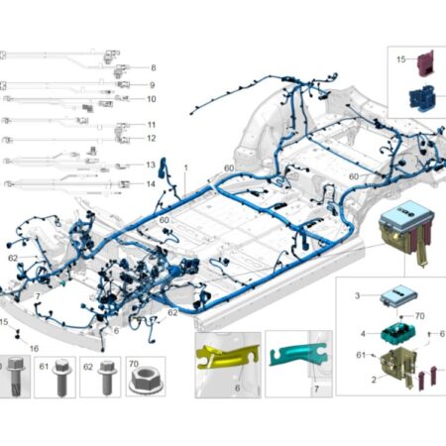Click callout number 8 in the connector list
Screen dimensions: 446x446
[154, 67]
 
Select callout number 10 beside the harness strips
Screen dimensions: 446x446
[152, 99]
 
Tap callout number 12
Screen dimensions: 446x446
[152, 138]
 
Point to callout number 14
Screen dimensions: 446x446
[151, 183]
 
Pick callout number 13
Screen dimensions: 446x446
[151, 165]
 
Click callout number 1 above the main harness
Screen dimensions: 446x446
[185, 167]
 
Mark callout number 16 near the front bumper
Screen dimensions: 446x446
[34, 349]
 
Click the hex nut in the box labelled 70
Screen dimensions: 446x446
[145, 382]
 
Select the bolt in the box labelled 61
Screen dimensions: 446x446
[61, 378]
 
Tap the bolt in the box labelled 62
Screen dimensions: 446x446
[107, 378]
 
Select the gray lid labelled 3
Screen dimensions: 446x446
[398, 295]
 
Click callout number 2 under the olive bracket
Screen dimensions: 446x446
[374, 380]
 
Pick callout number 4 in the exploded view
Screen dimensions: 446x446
[363, 334]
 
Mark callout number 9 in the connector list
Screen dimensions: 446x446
[153, 85]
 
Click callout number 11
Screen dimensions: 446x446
[152, 125]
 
